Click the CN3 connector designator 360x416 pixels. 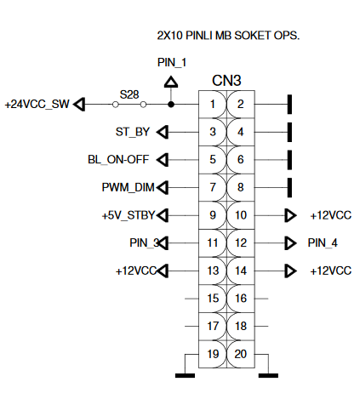tap(226, 81)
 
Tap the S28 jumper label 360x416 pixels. tap(129, 94)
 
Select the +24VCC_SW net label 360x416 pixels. tap(37, 105)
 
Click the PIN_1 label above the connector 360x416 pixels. tap(172, 63)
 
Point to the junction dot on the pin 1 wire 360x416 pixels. tap(171, 105)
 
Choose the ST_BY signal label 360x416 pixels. tap(133, 132)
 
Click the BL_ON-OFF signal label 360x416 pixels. tap(118, 160)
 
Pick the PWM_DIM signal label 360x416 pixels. tap(128, 187)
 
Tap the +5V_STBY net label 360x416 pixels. tap(129, 215)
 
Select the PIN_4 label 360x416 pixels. tap(323, 243)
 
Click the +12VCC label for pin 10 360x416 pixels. tap(331, 215)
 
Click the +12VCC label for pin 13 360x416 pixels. tap(136, 271)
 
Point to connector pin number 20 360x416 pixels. tap(241, 354)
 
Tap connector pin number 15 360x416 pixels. tap(213, 299)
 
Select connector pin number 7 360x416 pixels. tap(213, 187)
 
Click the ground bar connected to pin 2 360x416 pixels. tap(289, 105)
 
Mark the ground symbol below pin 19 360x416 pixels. tap(185, 376)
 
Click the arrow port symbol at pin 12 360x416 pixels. tap(290, 243)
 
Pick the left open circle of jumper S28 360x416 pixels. tap(115, 105)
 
